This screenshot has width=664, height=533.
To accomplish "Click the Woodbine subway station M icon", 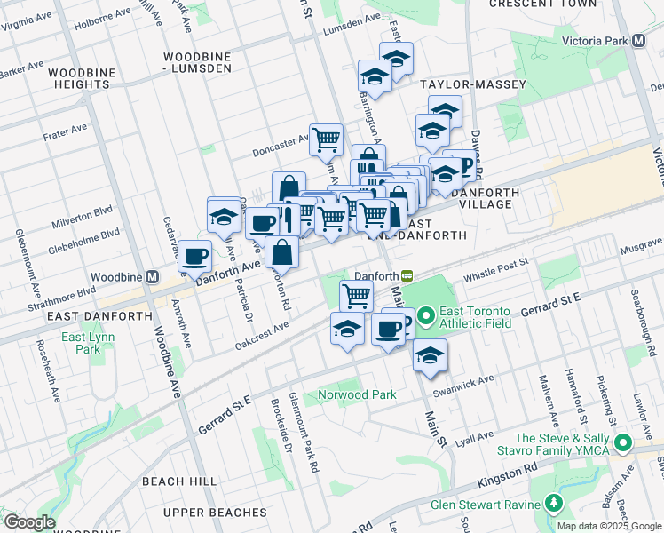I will coord(152,277).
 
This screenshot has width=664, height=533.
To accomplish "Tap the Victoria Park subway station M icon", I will coord(638,42).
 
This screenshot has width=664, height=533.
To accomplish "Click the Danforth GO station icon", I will coord(407,276).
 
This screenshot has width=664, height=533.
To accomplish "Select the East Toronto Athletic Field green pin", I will coord(426,315).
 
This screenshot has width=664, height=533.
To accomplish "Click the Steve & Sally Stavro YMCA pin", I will coord(623,442).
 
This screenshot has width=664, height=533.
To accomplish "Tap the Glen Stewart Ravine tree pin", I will coord(555,505).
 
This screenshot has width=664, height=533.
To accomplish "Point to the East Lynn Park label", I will coord(81,343).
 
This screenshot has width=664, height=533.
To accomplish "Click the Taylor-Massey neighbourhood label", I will coord(473,85).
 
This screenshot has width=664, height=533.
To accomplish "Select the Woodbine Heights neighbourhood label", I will coord(81,78).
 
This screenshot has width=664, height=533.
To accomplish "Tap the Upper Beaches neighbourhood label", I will coord(215,513).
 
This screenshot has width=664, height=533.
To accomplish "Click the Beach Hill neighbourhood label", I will coord(179,481).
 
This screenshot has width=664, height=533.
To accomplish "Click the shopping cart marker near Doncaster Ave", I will coord(327,138).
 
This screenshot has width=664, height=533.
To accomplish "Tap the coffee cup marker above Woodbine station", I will coord(194,256).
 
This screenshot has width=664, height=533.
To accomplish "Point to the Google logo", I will coord(29,522).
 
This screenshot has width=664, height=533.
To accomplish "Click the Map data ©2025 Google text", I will coord(609,525).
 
